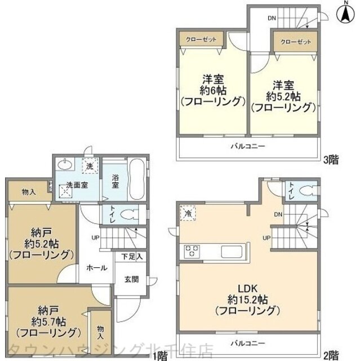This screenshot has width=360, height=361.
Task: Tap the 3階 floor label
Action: [x=331, y=159]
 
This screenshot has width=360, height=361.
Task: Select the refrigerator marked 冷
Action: [x=188, y=214]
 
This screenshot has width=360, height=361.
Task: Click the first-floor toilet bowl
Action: [x=130, y=214]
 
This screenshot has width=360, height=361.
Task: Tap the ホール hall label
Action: [x=97, y=268]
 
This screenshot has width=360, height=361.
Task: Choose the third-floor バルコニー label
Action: [x=246, y=146]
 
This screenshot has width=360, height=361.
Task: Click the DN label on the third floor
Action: [x=272, y=19]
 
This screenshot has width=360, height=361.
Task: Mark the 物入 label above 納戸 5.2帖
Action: [x=28, y=192]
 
